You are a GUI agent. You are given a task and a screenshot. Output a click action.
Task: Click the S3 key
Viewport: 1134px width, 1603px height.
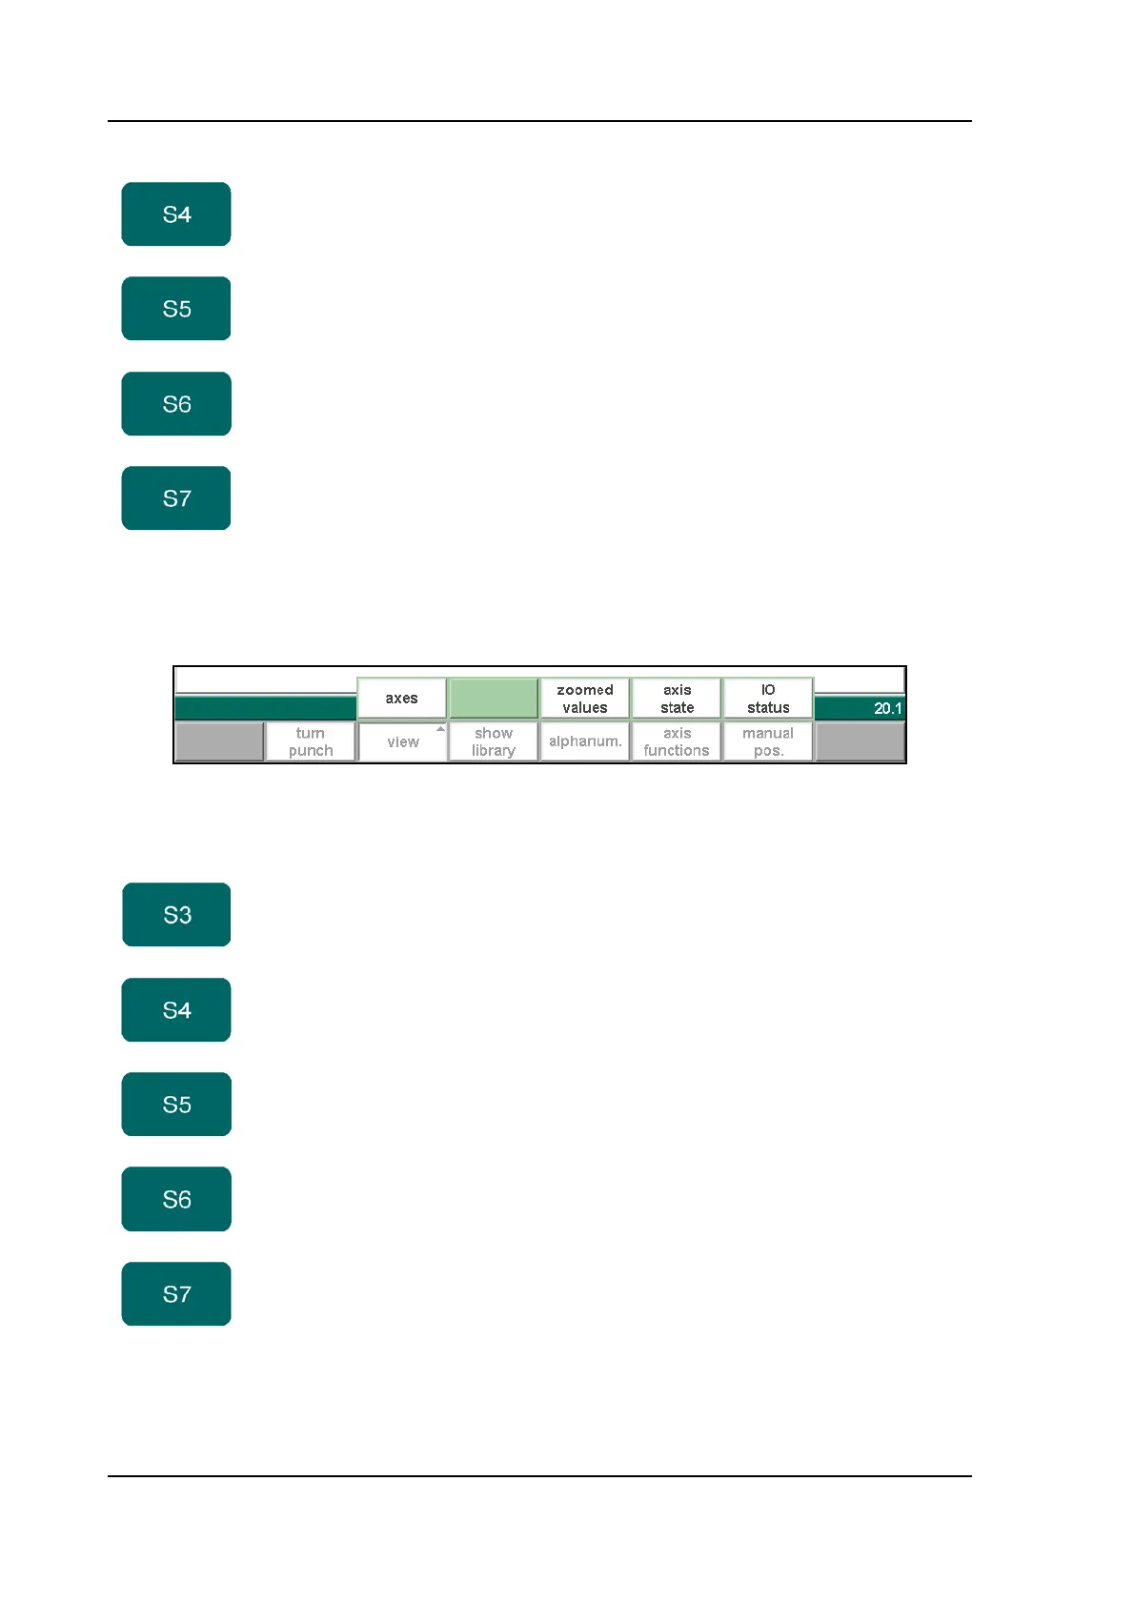(x=176, y=915)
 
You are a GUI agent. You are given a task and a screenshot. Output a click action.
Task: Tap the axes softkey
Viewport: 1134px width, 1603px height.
(x=401, y=699)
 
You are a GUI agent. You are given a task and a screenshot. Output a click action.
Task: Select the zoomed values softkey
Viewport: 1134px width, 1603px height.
(x=585, y=699)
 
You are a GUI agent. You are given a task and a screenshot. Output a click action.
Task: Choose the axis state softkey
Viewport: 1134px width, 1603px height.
(x=677, y=699)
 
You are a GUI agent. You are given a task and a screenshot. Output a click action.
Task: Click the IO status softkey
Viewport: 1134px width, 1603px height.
(x=768, y=699)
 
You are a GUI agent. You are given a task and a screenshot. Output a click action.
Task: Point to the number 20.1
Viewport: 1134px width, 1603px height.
(x=887, y=708)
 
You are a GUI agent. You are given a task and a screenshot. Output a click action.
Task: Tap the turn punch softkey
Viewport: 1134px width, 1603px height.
(x=311, y=741)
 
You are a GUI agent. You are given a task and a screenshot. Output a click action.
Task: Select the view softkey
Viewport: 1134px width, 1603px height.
(x=402, y=742)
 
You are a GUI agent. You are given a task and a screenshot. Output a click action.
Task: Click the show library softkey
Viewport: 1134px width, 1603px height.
(x=494, y=741)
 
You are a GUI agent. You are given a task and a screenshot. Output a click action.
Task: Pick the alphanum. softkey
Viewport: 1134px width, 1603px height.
(x=585, y=741)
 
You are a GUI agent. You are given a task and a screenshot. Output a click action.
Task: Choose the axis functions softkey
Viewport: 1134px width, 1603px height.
(x=677, y=741)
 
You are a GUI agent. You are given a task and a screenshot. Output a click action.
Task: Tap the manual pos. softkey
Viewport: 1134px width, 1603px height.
(x=768, y=741)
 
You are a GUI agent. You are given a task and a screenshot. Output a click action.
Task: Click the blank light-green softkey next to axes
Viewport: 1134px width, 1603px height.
(x=494, y=699)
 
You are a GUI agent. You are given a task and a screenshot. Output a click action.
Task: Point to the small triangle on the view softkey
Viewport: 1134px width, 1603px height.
(x=440, y=729)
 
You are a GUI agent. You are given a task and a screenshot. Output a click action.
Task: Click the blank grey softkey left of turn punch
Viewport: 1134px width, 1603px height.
(x=219, y=741)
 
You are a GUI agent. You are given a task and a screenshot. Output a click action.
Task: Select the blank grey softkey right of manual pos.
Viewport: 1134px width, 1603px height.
(x=860, y=741)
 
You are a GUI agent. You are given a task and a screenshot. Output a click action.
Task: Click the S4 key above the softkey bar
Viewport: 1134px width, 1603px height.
(x=176, y=214)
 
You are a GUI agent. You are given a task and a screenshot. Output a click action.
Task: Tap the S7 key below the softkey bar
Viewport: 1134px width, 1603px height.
(x=176, y=1294)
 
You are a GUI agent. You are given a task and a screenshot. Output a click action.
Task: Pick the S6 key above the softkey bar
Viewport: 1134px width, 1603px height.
(x=176, y=404)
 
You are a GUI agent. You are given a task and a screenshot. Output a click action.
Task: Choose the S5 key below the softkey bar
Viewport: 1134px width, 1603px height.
(x=176, y=1105)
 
